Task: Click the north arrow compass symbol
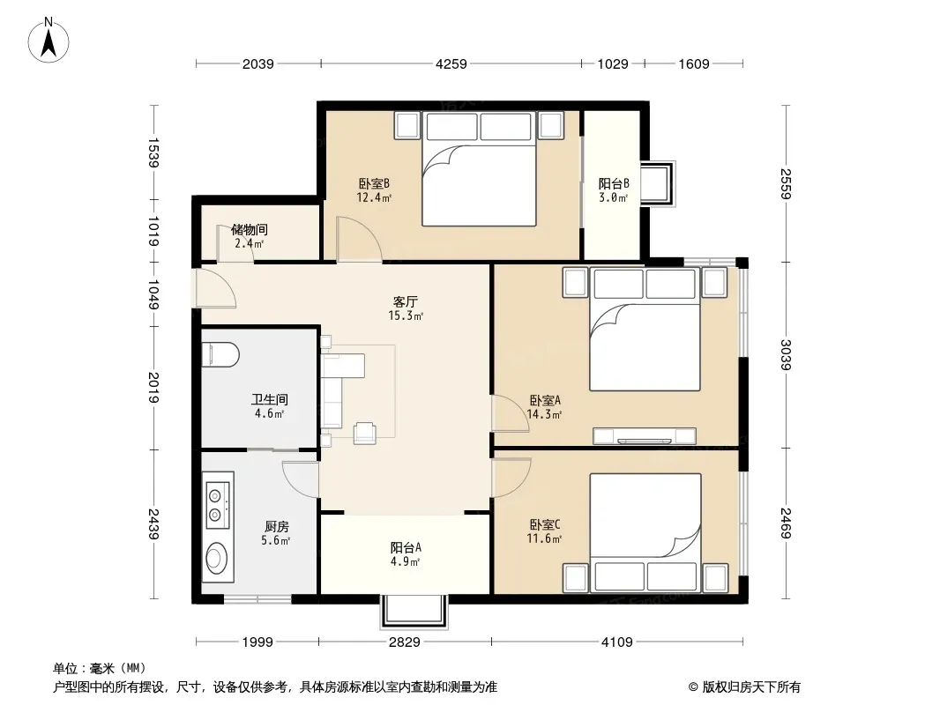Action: pyautogui.click(x=48, y=41)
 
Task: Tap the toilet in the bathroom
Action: pyautogui.click(x=220, y=354)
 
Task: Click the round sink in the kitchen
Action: pyautogui.click(x=216, y=558)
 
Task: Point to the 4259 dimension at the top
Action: pyautogui.click(x=451, y=63)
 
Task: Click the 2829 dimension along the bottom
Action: pyautogui.click(x=405, y=642)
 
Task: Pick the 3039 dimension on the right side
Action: pyautogui.click(x=786, y=354)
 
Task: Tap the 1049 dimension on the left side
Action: pyautogui.click(x=154, y=294)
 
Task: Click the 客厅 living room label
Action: pyautogui.click(x=406, y=301)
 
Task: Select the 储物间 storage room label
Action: pyautogui.click(x=250, y=229)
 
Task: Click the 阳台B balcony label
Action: pyautogui.click(x=614, y=184)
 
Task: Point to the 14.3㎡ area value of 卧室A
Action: pyautogui.click(x=544, y=414)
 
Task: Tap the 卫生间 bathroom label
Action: pyautogui.click(x=269, y=399)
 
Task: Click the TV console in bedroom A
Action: pyautogui.click(x=645, y=436)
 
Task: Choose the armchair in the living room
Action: pyautogui.click(x=364, y=433)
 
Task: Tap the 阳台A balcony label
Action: pyautogui.click(x=406, y=547)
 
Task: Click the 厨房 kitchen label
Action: pyautogui.click(x=276, y=526)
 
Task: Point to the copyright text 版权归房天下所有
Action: pyautogui.click(x=751, y=687)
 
